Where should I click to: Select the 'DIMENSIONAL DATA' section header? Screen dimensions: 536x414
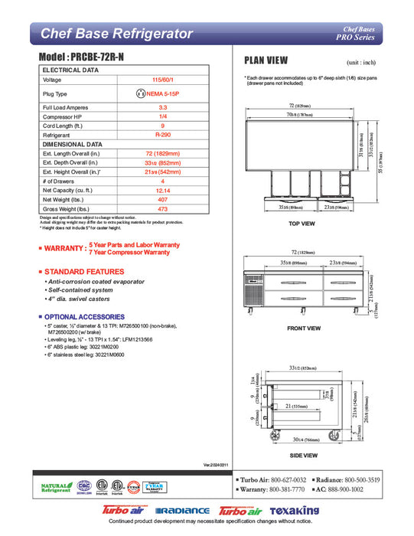tap(73, 143)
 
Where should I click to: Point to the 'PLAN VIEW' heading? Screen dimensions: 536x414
tap(266, 60)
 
